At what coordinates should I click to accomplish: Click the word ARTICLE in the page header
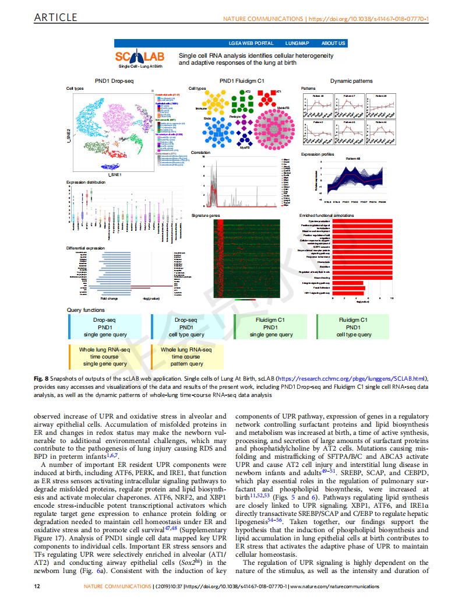point(55,17)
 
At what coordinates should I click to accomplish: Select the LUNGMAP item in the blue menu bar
point(297,43)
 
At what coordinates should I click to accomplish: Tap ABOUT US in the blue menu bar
point(333,43)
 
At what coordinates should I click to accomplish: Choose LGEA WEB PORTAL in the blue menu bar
point(252,43)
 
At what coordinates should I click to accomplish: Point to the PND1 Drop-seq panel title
point(114,80)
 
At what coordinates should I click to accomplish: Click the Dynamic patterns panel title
point(351,80)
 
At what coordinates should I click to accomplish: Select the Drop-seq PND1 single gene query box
point(105,328)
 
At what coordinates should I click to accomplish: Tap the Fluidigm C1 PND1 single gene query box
point(270,328)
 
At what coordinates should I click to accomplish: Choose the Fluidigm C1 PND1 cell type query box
point(353,328)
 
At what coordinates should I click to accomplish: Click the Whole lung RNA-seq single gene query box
point(105,357)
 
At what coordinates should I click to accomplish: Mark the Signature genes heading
point(206,216)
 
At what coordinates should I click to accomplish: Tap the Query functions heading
point(86,310)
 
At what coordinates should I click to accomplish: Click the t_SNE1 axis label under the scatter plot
point(115,175)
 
